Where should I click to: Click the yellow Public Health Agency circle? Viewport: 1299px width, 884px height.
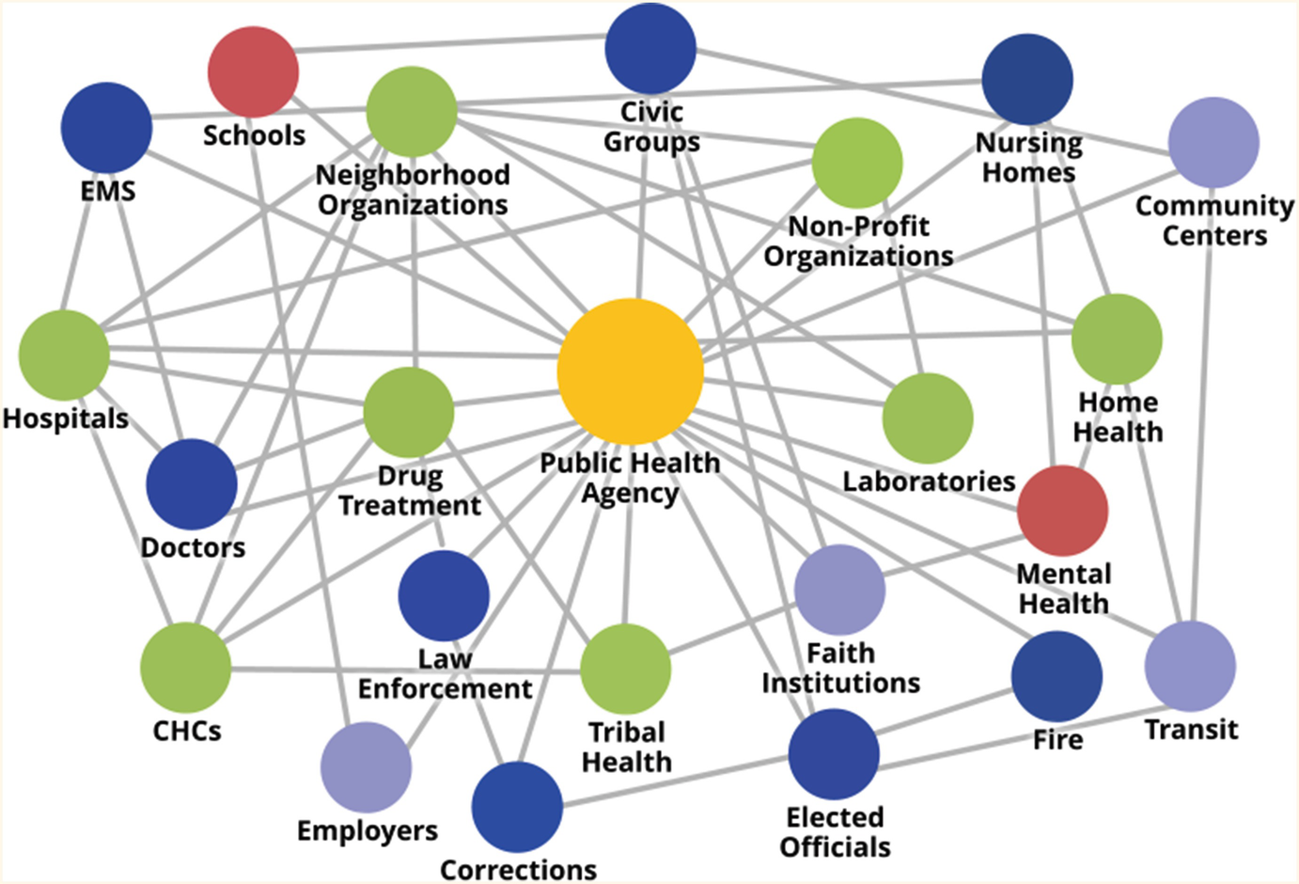click(630, 371)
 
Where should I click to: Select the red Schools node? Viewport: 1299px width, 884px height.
click(253, 71)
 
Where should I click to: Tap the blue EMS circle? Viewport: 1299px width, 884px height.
click(106, 128)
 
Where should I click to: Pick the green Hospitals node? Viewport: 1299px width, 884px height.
click(64, 355)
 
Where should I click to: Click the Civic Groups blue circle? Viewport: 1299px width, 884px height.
click(650, 49)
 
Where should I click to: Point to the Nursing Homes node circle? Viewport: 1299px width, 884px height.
click(1027, 80)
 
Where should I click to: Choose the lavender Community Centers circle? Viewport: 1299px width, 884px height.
click(1213, 143)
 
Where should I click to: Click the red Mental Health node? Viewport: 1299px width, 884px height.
click(1062, 511)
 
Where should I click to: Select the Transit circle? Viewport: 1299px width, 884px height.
click(1190, 666)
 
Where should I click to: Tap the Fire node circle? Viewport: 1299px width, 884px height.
click(1056, 677)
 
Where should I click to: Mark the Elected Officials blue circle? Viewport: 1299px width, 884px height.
click(834, 754)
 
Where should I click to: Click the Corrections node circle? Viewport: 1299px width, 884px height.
click(517, 807)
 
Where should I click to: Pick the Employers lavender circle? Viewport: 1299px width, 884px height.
click(366, 767)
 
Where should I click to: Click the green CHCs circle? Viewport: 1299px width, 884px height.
click(186, 667)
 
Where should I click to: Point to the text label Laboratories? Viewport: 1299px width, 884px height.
click(929, 481)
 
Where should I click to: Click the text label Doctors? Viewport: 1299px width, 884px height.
click(193, 547)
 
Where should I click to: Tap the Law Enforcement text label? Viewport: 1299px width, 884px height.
click(445, 673)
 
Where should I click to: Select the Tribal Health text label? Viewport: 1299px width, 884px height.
click(627, 747)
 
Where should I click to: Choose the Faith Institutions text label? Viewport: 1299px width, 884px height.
click(840, 668)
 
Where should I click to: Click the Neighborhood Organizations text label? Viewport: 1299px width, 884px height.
click(413, 190)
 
